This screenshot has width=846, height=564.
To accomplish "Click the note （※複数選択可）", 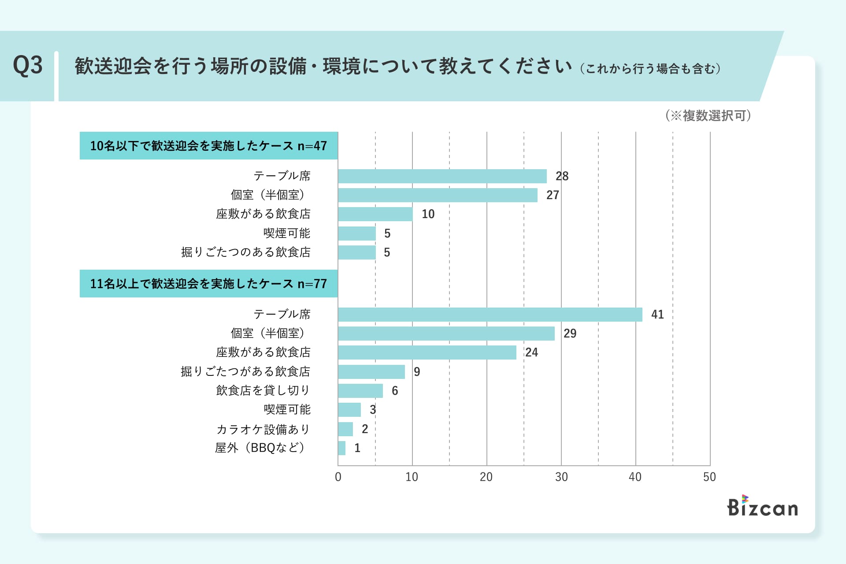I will click(x=708, y=116).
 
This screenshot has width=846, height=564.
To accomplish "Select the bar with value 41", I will click(x=490, y=315).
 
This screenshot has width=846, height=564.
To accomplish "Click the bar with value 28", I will click(x=442, y=176).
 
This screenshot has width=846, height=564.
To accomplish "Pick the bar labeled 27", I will click(x=438, y=195).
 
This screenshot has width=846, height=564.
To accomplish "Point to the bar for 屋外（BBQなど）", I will click(x=342, y=448).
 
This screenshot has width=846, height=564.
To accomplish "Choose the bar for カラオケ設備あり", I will click(x=345, y=429).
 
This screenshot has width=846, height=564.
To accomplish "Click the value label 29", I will click(x=570, y=334).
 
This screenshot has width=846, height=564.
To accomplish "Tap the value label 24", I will click(x=531, y=352).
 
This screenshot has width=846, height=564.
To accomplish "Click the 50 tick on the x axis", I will click(x=709, y=477).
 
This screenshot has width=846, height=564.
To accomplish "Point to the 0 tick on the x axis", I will click(x=338, y=477).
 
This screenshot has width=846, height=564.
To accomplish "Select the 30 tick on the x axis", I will click(x=561, y=477).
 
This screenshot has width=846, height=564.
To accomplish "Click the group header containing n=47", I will click(x=208, y=146).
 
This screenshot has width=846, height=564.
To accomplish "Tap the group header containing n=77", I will click(x=208, y=284).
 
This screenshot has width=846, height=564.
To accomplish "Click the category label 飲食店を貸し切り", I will click(x=263, y=390).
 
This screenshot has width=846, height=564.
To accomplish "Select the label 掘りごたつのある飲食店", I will click(x=246, y=252).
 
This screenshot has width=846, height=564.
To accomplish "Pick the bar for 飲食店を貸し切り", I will click(x=360, y=391).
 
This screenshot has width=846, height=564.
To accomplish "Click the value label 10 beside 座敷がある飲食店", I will click(x=428, y=214).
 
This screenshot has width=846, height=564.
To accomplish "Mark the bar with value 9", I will click(x=371, y=372).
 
